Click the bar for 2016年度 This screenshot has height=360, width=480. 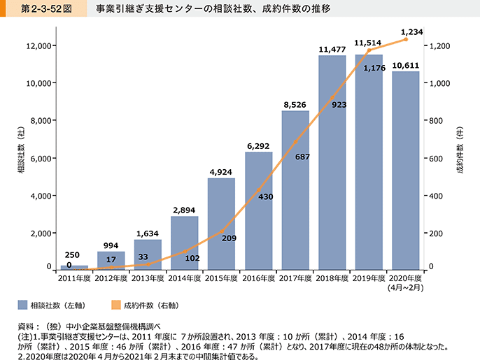coord(258,210)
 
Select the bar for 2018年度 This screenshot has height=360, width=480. coord(332,161)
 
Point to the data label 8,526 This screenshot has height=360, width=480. coord(295,105)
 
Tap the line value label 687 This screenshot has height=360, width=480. coord(303,157)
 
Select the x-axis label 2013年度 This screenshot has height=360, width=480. coord(148,278)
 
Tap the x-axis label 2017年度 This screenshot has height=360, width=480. coord(295,278)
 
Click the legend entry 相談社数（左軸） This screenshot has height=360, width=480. coord(59,305)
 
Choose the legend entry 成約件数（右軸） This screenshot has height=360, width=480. coord(150,305)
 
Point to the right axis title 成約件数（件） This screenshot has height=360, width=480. coord(460,158)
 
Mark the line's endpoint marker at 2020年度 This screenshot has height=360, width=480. coord(406,39)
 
